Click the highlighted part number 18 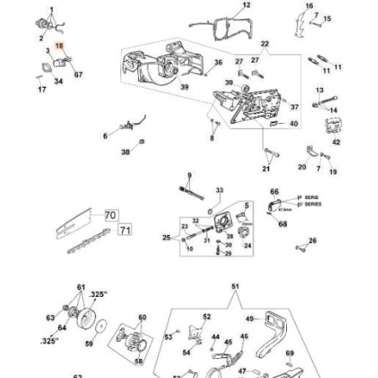(x=58, y=50)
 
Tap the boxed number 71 (x=125, y=228)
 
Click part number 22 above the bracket (x=265, y=43)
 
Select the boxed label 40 (x=294, y=124)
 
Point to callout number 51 (x=235, y=286)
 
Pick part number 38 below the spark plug (x=125, y=152)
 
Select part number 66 (x=273, y=192)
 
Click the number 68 (x=283, y=223)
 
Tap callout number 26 (x=313, y=240)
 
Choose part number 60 (x=141, y=317)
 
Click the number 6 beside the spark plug (x=105, y=135)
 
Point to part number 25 (x=166, y=238)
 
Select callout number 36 (x=217, y=62)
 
